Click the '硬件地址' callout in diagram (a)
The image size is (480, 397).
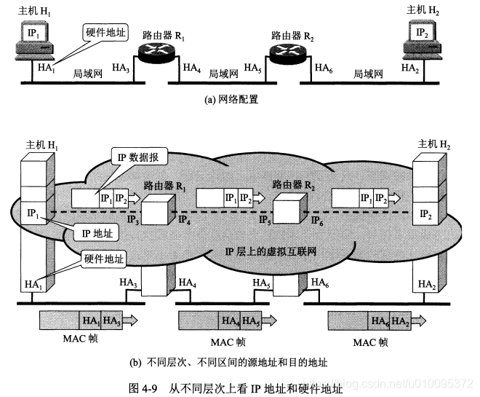tap(104, 32)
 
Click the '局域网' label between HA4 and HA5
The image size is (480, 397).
tap(223, 74)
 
